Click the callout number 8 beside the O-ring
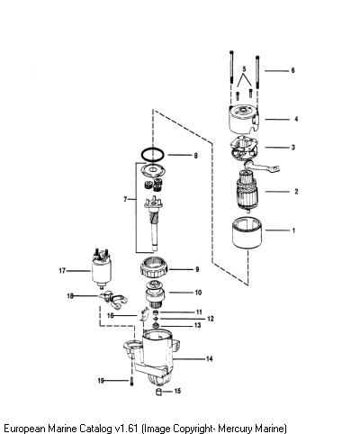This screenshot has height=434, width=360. click(x=195, y=156)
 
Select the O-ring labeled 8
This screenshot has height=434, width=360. click(x=153, y=149)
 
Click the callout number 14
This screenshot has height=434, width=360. click(x=209, y=358)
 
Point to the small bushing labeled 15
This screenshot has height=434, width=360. click(x=159, y=392)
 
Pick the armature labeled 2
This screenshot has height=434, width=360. click(x=247, y=191)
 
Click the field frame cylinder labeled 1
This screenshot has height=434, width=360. click(x=247, y=233)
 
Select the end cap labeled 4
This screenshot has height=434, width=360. click(x=244, y=120)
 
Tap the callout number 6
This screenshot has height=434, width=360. click(x=292, y=70)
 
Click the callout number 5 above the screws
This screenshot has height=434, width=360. click(x=244, y=69)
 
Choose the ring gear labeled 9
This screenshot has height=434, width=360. click(x=154, y=267)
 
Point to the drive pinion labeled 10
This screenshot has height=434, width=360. click(x=154, y=294)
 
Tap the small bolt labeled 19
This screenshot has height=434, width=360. click(x=131, y=382)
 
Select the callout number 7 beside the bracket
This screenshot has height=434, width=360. click(x=125, y=199)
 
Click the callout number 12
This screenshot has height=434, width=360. click(x=211, y=319)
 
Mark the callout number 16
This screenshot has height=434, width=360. click(x=111, y=316)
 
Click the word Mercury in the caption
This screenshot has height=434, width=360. click(x=235, y=428)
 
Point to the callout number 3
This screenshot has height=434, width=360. click(x=293, y=148)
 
